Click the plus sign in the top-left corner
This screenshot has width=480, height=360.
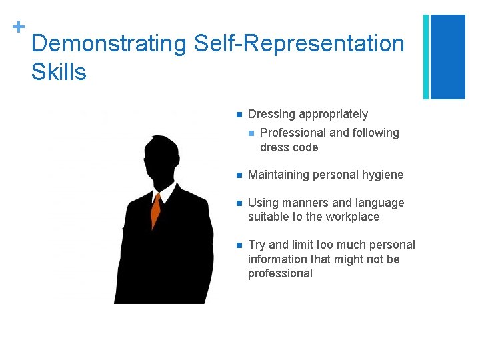click(19, 27)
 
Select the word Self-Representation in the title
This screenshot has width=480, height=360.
click(299, 44)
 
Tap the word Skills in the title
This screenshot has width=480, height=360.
click(59, 71)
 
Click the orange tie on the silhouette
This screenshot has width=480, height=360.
click(156, 211)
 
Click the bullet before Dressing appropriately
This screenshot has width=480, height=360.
click(238, 114)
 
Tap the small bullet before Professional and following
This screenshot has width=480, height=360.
click(251, 133)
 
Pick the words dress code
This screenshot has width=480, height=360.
click(289, 147)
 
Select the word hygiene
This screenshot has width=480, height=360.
click(382, 175)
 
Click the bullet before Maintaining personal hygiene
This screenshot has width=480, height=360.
click(238, 175)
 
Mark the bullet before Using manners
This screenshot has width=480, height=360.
click(238, 203)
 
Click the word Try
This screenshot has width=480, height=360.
click(257, 245)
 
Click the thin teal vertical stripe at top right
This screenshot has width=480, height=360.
click(426, 57)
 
